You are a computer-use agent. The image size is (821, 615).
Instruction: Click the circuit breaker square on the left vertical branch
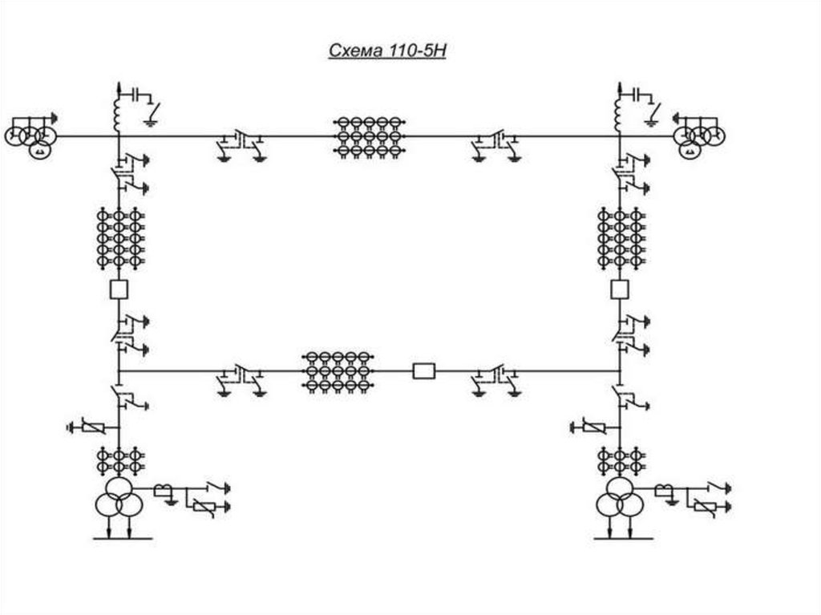(x=119, y=289)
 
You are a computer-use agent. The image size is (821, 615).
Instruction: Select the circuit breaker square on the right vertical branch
(x=619, y=289)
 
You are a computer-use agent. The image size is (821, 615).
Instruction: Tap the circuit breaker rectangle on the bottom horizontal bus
(x=423, y=370)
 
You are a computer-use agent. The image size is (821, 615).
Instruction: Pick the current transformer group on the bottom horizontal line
(x=338, y=370)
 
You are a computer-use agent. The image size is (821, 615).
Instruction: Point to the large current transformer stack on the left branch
(x=119, y=237)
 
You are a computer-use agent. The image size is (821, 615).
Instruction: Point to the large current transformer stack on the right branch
(x=619, y=237)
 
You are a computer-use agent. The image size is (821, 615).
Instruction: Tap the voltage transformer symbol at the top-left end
(x=30, y=135)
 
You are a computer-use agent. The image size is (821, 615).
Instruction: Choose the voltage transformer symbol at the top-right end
(x=702, y=135)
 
